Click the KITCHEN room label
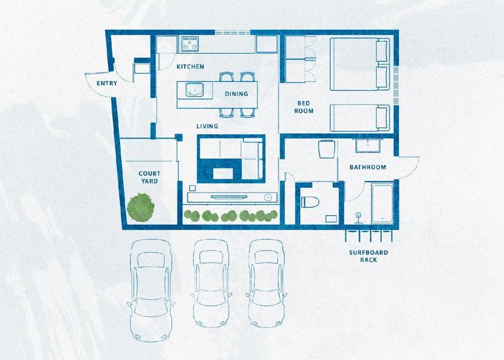pos(190,67)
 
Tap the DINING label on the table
pos(236,94)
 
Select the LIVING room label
pos(208,126)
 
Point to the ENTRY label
pos(107,83)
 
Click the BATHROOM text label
pos(368,167)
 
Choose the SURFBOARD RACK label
pos(368,256)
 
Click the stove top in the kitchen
pos(190,44)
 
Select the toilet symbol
pos(310,202)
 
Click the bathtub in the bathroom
pos(382,203)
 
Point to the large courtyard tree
pos(141,208)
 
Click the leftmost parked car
pos(151,290)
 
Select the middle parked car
pos(211,283)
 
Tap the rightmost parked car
pos(266,283)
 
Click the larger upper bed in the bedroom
pos(360,64)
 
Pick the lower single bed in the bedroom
pos(360,118)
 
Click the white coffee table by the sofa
pos(223,173)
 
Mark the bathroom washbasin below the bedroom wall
pos(368,146)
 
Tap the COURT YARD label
pos(149,177)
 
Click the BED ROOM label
pos(304,107)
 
